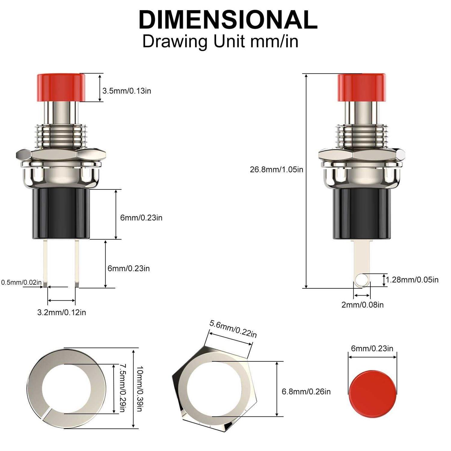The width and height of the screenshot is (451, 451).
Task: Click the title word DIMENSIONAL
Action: (228, 20)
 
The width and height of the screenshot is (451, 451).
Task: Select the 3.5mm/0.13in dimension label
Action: (127, 91)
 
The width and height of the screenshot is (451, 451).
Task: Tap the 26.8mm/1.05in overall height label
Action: (276, 170)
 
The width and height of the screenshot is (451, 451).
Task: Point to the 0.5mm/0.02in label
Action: (21, 282)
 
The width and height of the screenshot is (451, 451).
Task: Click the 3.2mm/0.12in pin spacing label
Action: (61, 312)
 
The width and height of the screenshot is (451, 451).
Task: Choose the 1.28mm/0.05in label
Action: (412, 280)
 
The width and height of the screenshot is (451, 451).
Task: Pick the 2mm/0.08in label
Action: (362, 305)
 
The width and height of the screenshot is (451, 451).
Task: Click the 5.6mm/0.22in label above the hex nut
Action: (233, 329)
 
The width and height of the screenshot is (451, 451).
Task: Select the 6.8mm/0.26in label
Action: (306, 391)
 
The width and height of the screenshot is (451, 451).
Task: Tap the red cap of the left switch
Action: (61, 87)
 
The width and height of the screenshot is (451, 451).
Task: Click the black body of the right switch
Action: (362, 215)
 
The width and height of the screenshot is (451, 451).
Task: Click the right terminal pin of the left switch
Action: (77, 263)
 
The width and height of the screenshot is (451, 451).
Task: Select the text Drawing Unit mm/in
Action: (220, 41)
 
